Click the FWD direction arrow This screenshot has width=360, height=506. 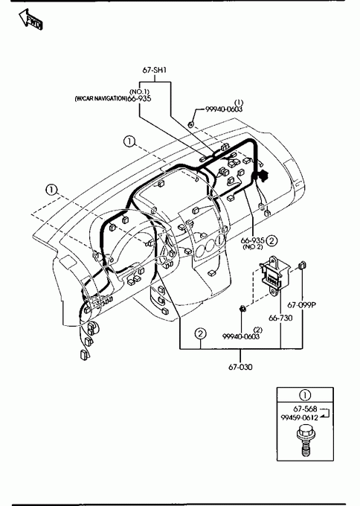(x=30, y=19)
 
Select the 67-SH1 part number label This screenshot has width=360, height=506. (x=155, y=70)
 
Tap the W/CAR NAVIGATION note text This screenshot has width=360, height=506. (x=100, y=98)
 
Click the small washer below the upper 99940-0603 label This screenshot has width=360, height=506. (x=191, y=124)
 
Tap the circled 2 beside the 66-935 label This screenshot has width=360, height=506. (x=272, y=240)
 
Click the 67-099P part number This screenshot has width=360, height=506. (x=302, y=304)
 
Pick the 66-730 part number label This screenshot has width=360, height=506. (x=280, y=318)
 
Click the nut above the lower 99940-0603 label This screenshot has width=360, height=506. (x=242, y=309)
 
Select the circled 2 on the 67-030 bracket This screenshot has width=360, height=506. (x=200, y=333)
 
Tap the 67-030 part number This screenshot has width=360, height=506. (x=240, y=367)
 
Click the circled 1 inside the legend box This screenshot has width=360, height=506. (x=305, y=395)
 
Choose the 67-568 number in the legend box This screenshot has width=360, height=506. (x=305, y=409)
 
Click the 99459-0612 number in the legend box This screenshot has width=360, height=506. (x=299, y=417)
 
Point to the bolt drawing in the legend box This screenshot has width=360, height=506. (x=304, y=441)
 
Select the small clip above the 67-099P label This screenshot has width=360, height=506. (x=302, y=265)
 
